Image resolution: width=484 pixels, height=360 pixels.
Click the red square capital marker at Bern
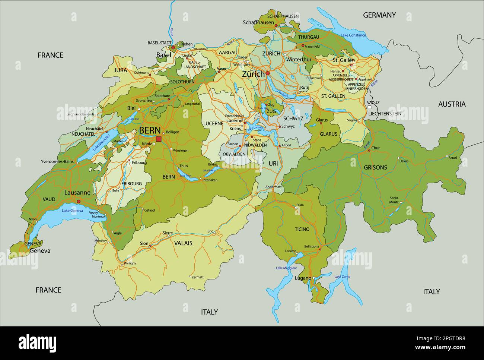[x=159, y=139]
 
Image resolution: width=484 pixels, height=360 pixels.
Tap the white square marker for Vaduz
[x=369, y=107]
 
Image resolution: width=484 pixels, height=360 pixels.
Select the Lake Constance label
[x=353, y=35]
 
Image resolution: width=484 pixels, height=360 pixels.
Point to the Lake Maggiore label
[x=286, y=268]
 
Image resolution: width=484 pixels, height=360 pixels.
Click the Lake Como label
[x=342, y=277]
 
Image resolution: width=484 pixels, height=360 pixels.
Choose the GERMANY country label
[x=379, y=15]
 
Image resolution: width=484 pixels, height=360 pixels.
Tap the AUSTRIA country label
[x=452, y=104]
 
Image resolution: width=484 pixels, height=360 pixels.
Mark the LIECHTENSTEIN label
[x=385, y=113]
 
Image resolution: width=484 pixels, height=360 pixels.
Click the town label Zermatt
[x=198, y=277]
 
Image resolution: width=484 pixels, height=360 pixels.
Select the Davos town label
[x=404, y=161]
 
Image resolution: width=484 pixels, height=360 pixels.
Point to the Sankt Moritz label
[x=394, y=200]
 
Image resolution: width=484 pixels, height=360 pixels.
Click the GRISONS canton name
[x=375, y=167]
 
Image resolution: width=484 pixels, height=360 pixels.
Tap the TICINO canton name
[x=302, y=229]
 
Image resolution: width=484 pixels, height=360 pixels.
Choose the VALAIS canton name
[x=183, y=243]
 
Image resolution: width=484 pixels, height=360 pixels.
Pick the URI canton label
[x=273, y=163]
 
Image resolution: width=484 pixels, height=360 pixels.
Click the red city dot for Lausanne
[x=79, y=201]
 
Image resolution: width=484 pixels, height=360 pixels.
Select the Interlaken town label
[x=210, y=180]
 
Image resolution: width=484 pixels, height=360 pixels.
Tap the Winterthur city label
[x=299, y=59]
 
